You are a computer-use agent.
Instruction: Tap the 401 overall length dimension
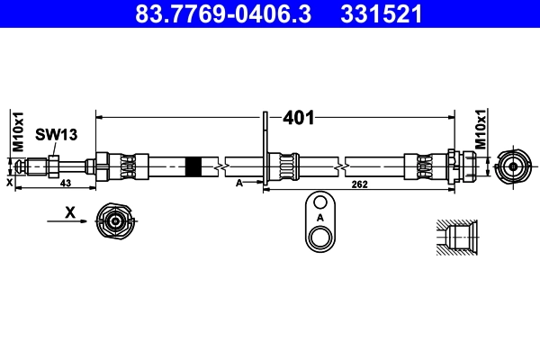click(x=298, y=117)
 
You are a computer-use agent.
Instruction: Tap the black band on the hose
click(x=193, y=166)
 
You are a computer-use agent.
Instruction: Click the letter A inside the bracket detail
click(x=319, y=218)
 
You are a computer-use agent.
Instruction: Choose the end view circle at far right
click(x=513, y=166)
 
